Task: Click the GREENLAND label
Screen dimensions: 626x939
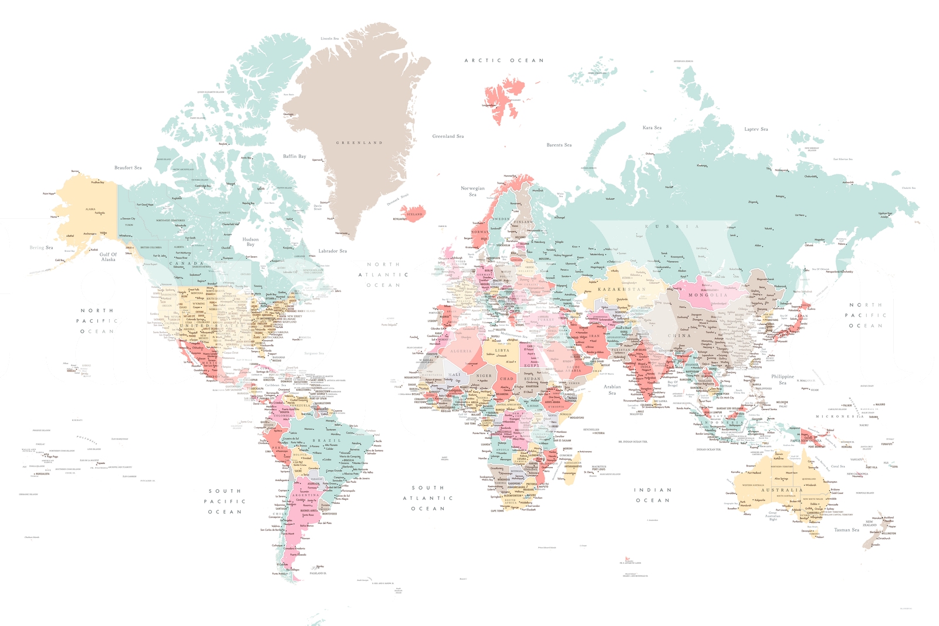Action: pyautogui.click(x=359, y=143)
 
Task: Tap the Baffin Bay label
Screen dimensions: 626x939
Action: pyautogui.click(x=295, y=156)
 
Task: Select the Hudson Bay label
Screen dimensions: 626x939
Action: pyautogui.click(x=251, y=242)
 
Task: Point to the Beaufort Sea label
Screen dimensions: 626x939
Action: pyautogui.click(x=128, y=168)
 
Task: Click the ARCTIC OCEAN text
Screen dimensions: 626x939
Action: pyautogui.click(x=504, y=60)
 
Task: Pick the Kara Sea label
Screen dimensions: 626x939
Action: pyautogui.click(x=652, y=127)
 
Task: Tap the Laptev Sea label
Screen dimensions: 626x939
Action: pyautogui.click(x=756, y=129)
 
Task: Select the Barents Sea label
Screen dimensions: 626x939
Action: pyautogui.click(x=559, y=145)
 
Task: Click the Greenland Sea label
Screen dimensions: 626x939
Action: pyautogui.click(x=448, y=136)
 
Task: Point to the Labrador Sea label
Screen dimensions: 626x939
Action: pyautogui.click(x=333, y=251)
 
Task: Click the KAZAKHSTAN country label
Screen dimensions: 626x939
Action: pyautogui.click(x=622, y=289)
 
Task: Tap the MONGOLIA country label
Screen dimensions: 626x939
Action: pyautogui.click(x=707, y=295)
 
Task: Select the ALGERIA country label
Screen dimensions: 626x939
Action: pyautogui.click(x=461, y=351)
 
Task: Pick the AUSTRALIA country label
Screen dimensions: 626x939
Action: pyautogui.click(x=782, y=490)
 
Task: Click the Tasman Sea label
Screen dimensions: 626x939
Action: pyautogui.click(x=847, y=530)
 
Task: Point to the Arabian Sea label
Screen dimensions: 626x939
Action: pyautogui.click(x=612, y=390)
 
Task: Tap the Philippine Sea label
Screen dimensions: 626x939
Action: pyautogui.click(x=782, y=380)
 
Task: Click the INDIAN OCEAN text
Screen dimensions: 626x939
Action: pyautogui.click(x=653, y=495)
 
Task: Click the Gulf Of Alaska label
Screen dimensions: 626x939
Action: pyautogui.click(x=108, y=257)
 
